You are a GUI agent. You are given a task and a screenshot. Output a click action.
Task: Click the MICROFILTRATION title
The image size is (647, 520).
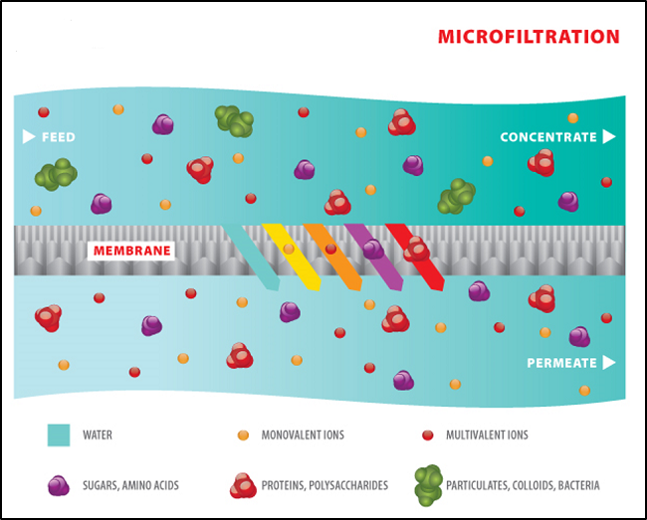point(529,37)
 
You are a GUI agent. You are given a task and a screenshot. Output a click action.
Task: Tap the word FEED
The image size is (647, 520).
point(58,136)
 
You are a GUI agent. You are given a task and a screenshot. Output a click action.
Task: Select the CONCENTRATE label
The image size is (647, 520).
point(546,136)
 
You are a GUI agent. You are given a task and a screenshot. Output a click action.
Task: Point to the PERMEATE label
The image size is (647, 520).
point(561,363)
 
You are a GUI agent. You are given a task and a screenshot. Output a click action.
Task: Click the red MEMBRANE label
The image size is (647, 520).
point(132,251)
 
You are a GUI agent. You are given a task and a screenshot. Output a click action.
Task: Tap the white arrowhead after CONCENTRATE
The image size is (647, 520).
point(608,136)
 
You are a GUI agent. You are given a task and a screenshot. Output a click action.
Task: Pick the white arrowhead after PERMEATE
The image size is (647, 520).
point(608,363)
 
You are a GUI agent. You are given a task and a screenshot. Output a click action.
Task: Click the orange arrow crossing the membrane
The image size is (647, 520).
point(333,256)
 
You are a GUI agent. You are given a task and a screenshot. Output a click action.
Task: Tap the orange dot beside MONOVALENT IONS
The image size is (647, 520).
point(243,435)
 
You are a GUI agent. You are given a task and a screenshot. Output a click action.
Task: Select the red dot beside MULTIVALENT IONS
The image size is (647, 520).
point(428,435)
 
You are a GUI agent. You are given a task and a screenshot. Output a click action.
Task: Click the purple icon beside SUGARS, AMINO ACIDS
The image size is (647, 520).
point(59,486)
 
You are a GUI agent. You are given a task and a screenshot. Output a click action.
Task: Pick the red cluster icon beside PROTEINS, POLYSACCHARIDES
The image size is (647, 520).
point(244,486)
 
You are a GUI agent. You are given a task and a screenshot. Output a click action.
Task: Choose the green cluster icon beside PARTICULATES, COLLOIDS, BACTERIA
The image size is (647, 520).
point(429,485)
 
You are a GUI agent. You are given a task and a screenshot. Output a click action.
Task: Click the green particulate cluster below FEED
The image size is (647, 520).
point(57,175)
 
